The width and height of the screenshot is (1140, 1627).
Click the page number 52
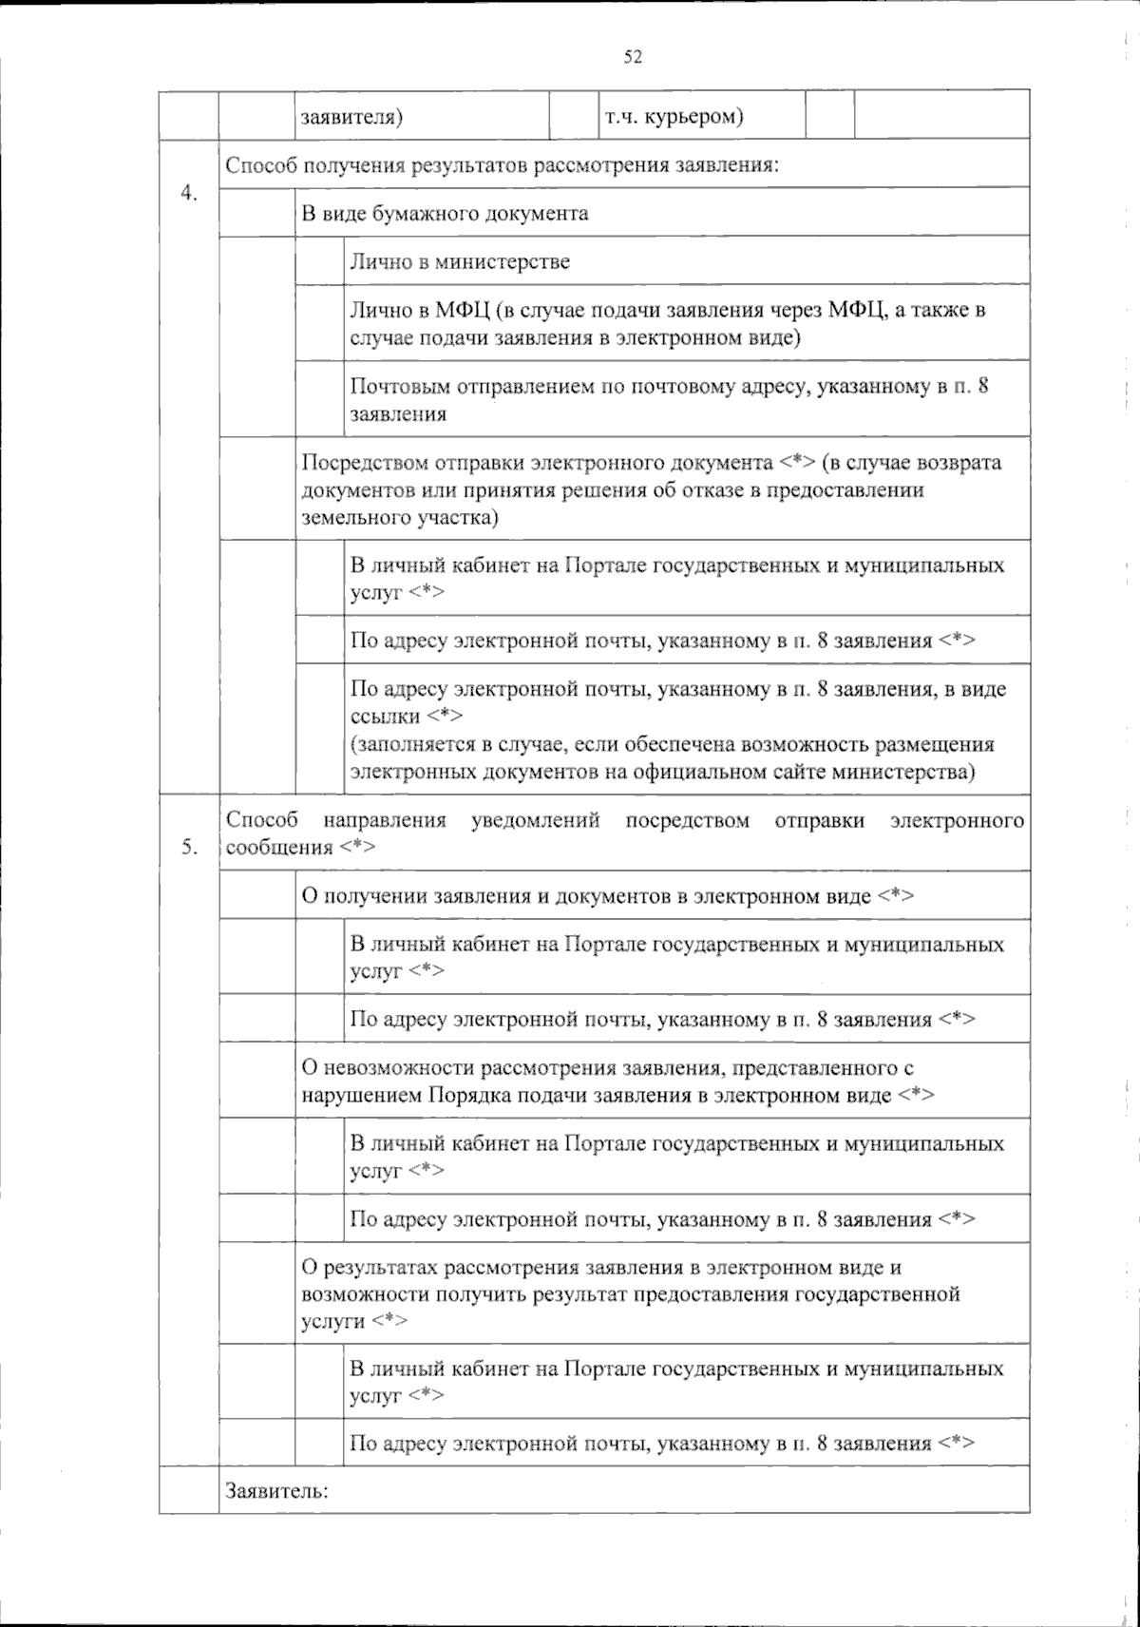(633, 57)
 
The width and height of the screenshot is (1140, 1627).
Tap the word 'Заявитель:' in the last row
(276, 1490)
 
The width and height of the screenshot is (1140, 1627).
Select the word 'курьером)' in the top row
(694, 117)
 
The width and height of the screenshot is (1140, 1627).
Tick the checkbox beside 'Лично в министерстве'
(319, 260)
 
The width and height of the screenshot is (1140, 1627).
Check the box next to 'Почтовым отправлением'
(319, 399)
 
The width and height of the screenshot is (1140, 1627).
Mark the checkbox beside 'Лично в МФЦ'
(319, 323)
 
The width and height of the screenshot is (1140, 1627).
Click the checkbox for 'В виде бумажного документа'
(256, 213)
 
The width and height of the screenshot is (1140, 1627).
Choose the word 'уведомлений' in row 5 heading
(536, 820)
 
